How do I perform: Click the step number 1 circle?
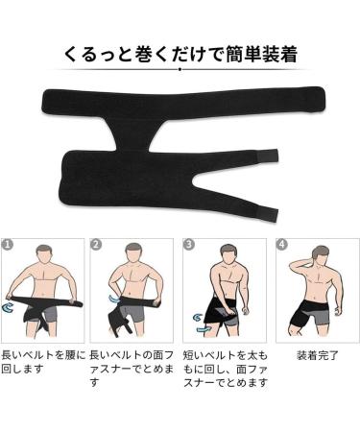click(x=8, y=245)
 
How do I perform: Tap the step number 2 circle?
click(x=96, y=245)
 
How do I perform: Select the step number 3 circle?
click(x=189, y=245)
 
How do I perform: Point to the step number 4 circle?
click(x=279, y=245)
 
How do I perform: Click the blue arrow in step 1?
click(x=9, y=306)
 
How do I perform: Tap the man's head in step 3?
click(x=227, y=254)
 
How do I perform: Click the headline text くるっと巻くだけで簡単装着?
click(x=179, y=55)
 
